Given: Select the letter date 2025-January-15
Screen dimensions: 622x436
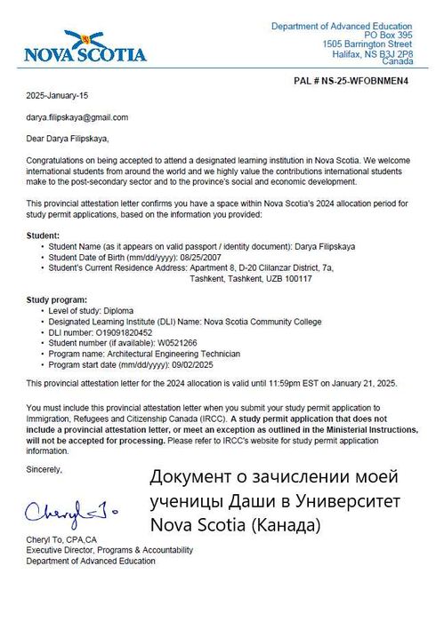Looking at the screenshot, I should click(x=58, y=94).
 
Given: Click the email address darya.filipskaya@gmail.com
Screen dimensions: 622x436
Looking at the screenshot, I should click(x=77, y=116).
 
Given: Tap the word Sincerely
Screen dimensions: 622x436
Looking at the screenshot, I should click(x=45, y=467).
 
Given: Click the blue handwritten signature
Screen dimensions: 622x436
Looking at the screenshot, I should click(x=71, y=513).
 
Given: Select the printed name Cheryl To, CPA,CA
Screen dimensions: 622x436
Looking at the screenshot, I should click(x=62, y=540).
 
